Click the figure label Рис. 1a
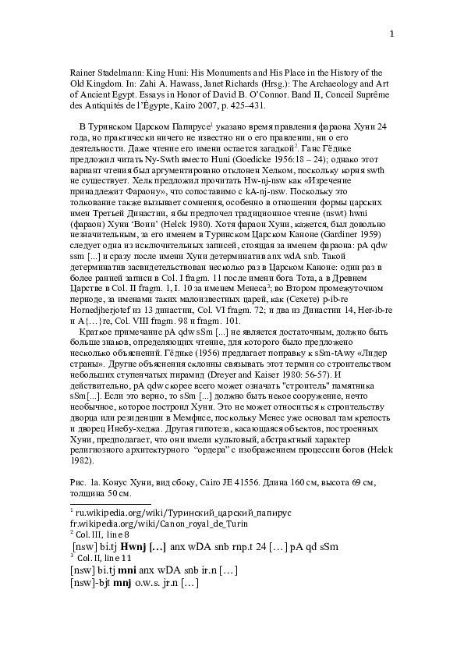pos(83,484)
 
